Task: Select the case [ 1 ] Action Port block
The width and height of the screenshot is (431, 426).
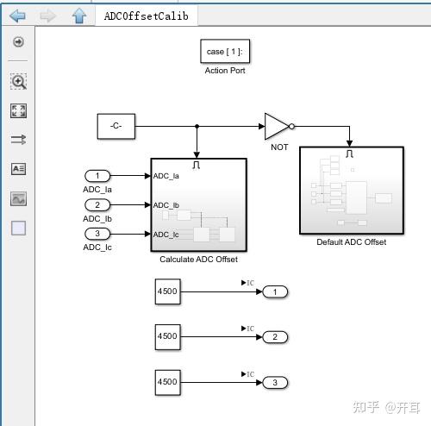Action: [x=224, y=52]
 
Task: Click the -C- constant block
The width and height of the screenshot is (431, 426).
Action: [x=116, y=126]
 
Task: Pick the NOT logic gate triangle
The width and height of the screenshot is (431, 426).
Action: [x=277, y=126]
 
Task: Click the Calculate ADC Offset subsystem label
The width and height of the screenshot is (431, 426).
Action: [x=198, y=259]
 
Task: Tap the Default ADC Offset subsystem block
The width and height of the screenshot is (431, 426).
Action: [x=351, y=191]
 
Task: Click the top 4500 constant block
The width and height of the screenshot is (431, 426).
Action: [x=166, y=291]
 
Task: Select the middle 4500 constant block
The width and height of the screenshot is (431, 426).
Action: [x=166, y=336]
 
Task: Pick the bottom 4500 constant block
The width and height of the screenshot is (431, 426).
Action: [x=166, y=382]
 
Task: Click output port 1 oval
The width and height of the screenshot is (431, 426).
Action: [x=275, y=291]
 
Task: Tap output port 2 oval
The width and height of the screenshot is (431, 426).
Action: [x=275, y=336]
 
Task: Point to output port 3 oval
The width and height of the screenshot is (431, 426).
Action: [x=275, y=382]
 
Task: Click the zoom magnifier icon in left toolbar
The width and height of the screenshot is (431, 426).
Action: [x=18, y=81]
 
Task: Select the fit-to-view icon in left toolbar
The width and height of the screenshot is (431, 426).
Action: [x=18, y=110]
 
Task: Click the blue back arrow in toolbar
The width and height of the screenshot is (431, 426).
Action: [x=17, y=16]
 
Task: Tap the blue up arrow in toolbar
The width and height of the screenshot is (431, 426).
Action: [x=78, y=16]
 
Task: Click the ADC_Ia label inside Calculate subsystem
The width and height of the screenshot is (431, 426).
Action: [x=166, y=176]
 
